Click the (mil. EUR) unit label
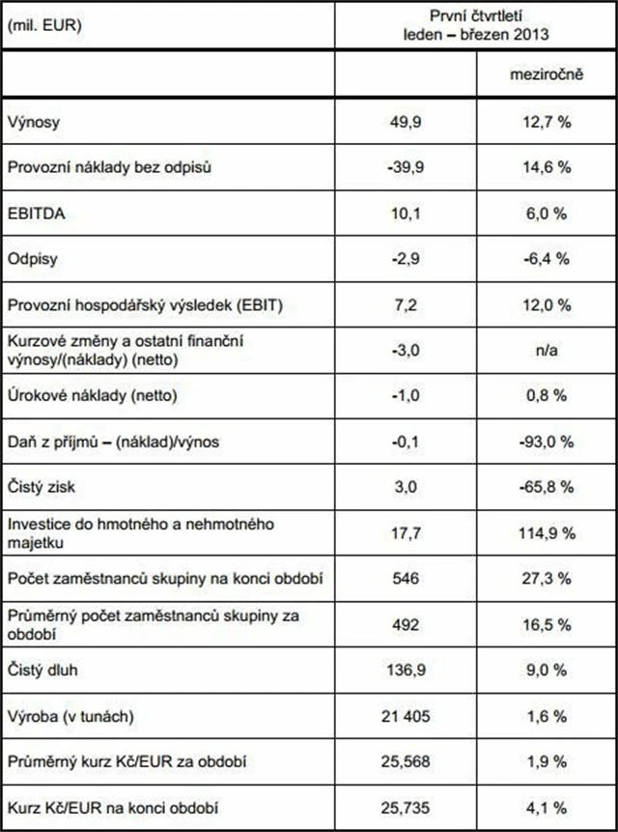[42, 25]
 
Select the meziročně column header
[546, 74]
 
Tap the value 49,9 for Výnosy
[404, 123]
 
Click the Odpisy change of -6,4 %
[547, 258]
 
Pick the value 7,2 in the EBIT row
[404, 304]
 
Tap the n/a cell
[546, 353]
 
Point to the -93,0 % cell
[547, 442]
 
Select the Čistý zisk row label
[42, 487]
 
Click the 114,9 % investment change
[547, 532]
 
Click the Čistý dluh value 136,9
[404, 671]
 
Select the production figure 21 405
[404, 716]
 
